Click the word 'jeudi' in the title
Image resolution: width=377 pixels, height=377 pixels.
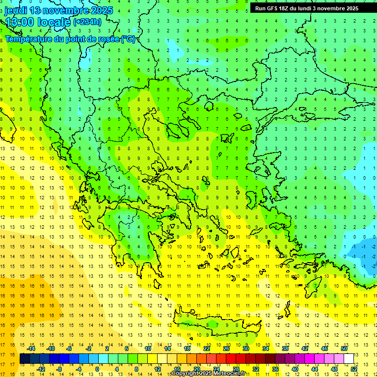pos(16,10)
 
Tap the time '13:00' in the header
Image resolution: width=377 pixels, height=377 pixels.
pos(20,22)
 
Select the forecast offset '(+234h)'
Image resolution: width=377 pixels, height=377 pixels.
pos(87,22)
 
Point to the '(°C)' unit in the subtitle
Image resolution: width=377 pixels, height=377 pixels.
pos(128,39)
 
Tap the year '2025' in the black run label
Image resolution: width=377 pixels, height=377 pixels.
pos(349,8)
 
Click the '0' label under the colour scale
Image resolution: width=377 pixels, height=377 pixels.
pos(97,369)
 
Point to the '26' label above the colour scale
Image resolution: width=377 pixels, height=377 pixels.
pos(226,349)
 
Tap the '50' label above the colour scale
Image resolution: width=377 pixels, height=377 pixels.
pos(344,349)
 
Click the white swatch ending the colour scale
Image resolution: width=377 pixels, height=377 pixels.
pos(349,359)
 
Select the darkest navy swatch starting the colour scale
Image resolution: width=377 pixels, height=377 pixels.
pos(25,359)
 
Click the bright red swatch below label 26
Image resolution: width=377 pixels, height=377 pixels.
pos(230,359)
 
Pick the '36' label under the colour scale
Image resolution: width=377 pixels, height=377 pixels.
pos(275,369)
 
